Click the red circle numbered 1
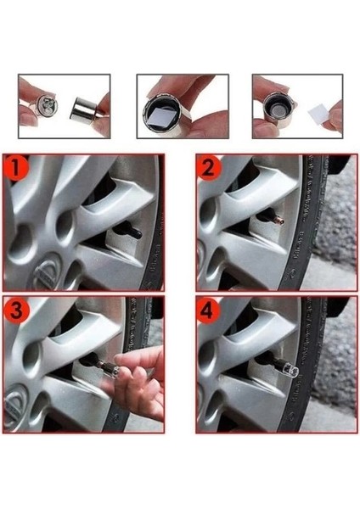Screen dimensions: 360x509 [16, 168]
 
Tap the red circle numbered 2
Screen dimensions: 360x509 [209, 168]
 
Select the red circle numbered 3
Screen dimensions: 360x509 [16, 310]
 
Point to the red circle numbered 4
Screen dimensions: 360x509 [209, 310]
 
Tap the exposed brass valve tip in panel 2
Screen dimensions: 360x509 [280, 221]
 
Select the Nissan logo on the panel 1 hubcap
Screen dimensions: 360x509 [46, 271]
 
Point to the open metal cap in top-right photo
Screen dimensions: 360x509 [278, 107]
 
